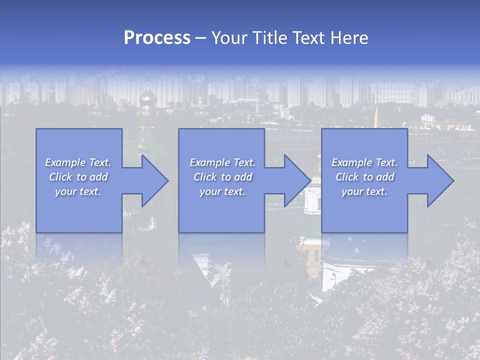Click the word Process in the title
click(157, 37)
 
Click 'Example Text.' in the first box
click(78, 162)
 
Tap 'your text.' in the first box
click(78, 191)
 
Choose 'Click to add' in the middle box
click(222, 177)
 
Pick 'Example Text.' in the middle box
click(222, 162)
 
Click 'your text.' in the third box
click(364, 191)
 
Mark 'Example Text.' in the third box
click(364, 162)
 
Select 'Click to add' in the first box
click(78, 177)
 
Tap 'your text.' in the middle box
click(222, 191)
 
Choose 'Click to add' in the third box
click(364, 177)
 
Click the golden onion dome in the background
click(147, 98)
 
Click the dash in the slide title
click(200, 38)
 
